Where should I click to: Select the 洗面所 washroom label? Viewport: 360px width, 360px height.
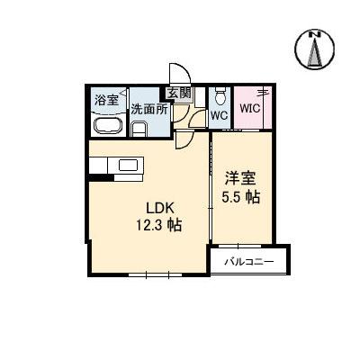pyautogui.click(x=148, y=110)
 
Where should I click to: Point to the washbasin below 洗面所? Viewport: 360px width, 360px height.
pyautogui.click(x=139, y=129)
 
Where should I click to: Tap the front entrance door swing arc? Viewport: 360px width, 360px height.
pyautogui.click(x=178, y=74)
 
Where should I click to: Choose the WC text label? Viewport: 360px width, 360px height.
pyautogui.click(x=219, y=116)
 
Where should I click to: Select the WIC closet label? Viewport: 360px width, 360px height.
pyautogui.click(x=249, y=110)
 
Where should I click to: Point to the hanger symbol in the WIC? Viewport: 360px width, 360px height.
pyautogui.click(x=262, y=92)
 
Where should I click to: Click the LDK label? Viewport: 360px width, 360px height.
pyautogui.click(x=148, y=206)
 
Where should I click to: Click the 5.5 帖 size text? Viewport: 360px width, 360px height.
pyautogui.click(x=240, y=197)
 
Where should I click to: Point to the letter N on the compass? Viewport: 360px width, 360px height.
pyautogui.click(x=315, y=35)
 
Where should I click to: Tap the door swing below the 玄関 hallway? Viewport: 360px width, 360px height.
pyautogui.click(x=184, y=139)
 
